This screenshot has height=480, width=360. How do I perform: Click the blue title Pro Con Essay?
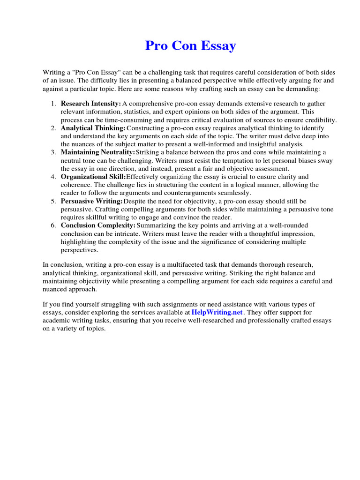190,46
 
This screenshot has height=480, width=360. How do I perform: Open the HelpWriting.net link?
217,312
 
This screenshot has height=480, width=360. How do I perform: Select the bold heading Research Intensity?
90,103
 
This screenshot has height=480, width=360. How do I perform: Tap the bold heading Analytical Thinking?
93,127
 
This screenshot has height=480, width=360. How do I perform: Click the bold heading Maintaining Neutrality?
97,152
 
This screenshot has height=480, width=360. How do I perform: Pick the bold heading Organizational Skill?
93,177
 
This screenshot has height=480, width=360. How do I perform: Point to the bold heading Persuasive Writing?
91,201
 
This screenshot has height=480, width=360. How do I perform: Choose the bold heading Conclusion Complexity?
97,225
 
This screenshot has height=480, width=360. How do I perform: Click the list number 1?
53,103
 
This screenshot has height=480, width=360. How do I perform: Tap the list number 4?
53,177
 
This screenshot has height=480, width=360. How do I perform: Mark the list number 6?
53,225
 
